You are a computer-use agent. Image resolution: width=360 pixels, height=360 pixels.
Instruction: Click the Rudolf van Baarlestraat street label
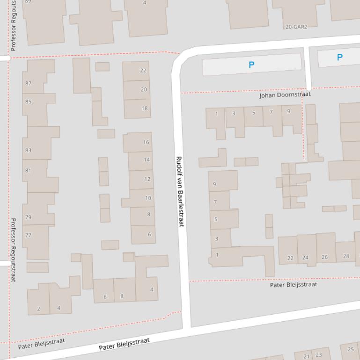179,192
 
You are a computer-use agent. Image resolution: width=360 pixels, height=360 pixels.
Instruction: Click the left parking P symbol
251,65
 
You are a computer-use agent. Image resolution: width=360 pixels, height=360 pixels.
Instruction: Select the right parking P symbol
339,58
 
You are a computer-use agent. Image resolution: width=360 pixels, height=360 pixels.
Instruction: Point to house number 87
29,84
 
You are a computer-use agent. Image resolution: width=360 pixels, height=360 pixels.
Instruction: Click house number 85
29,102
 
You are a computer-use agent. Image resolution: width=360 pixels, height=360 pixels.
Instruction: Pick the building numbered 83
29,151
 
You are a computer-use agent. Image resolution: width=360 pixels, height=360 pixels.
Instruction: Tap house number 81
28,171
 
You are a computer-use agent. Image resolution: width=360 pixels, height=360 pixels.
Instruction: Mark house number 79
28,217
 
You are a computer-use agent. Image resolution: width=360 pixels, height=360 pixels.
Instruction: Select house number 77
28,235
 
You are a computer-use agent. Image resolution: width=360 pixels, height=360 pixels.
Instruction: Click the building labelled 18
144,108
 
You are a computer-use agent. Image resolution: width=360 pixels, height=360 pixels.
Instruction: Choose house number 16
146,142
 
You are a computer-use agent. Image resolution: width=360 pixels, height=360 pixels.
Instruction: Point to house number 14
147,160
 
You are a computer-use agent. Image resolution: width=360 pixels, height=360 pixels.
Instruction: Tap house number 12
147,179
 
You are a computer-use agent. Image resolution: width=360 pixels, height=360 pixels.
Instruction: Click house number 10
148,198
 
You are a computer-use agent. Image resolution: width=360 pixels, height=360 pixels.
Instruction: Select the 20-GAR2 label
296,27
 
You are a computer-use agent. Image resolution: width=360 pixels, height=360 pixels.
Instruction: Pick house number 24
305,258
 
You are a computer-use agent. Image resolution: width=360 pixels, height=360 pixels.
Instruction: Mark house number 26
325,257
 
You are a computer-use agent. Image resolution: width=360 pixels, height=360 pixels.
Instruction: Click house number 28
346,256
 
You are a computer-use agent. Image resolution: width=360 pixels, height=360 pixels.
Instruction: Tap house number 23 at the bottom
319,355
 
